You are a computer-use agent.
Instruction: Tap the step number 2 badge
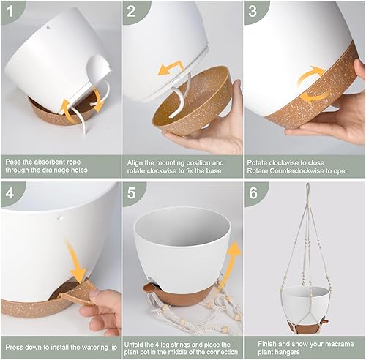(132, 12)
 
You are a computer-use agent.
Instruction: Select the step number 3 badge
(254, 12)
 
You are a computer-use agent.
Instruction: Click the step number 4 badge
(11, 195)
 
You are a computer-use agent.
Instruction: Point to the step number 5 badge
(132, 195)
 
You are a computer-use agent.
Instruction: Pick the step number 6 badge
(254, 195)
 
